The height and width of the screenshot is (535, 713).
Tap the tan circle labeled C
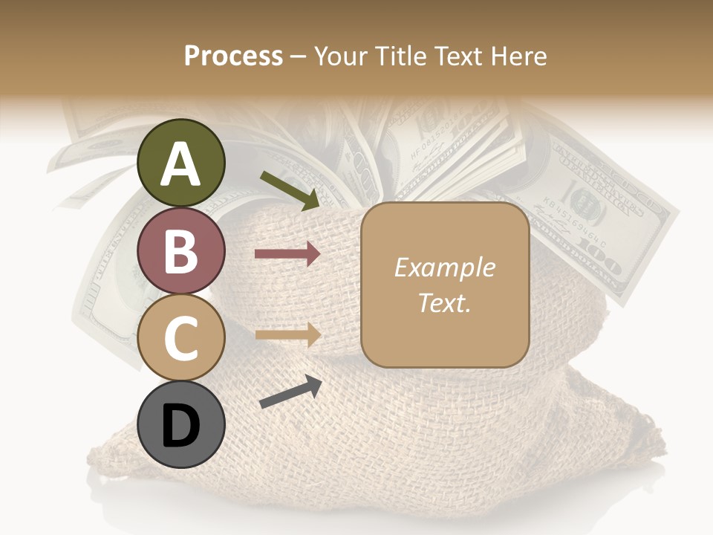181,338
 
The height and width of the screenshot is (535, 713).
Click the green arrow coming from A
289,189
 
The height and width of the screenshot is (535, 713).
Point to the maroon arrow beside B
287,255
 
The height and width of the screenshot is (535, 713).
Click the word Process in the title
233,56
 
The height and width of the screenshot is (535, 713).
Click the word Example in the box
444,267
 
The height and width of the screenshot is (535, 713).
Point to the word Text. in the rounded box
444,302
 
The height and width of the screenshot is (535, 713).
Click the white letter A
181,163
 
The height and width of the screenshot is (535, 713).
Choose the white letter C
181,338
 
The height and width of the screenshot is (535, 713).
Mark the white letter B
181,251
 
